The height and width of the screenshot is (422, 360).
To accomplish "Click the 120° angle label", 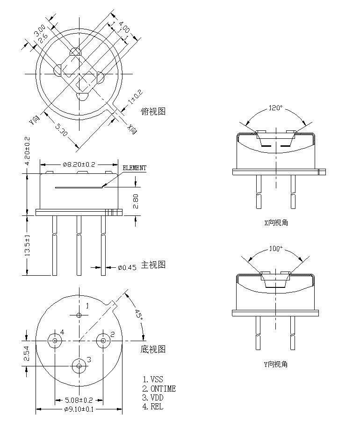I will [275, 108].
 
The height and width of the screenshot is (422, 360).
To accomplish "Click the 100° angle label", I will [275, 249].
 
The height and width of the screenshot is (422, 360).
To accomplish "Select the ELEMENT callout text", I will [134, 168].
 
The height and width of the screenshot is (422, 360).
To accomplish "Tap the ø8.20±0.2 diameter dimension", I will [79, 165].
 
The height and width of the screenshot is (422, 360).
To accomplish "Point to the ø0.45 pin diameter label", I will [127, 267].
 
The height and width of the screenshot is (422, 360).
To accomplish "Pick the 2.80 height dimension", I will [136, 201].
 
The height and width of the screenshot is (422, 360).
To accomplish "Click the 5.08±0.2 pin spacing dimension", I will [79, 400].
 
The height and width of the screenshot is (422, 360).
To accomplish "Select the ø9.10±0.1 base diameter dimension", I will [79, 410].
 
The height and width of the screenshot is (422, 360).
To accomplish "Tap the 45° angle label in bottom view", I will [138, 315].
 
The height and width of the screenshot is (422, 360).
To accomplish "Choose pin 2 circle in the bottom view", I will [103, 341].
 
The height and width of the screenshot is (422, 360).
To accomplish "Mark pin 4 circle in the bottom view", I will [55, 341].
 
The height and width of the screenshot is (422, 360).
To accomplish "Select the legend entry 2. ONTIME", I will [159, 388].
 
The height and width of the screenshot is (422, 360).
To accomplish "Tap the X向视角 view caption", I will [276, 222].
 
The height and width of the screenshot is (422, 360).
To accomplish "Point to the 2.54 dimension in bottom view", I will [28, 353].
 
